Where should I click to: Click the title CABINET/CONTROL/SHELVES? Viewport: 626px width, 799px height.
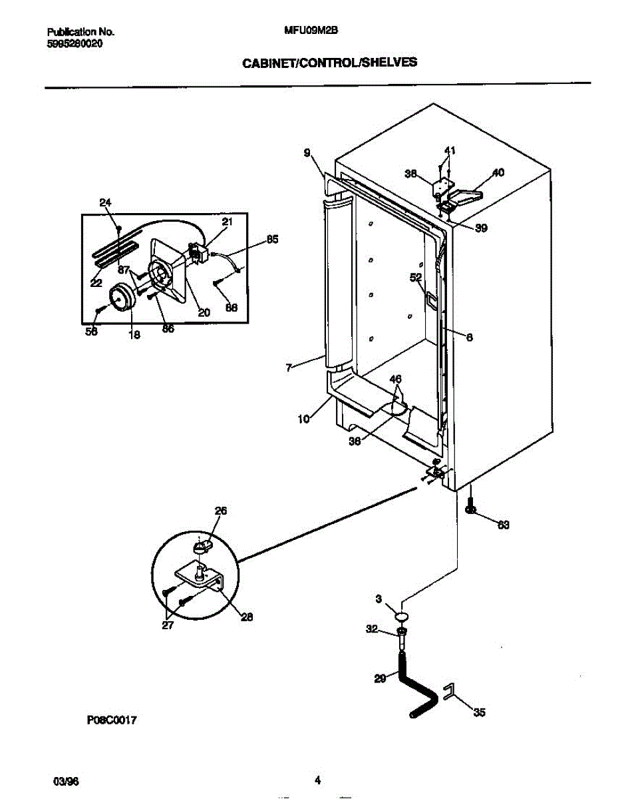[x=329, y=63]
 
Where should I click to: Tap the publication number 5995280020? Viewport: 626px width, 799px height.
[x=75, y=43]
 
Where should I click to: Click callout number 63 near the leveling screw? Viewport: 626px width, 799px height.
[x=503, y=525]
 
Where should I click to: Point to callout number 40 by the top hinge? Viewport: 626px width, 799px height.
[x=498, y=173]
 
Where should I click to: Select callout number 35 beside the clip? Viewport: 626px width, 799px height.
[x=479, y=713]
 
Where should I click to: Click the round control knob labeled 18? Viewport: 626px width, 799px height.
[x=120, y=296]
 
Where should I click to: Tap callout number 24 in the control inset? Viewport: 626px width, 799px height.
[x=105, y=203]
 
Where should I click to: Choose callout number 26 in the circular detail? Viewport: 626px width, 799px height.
[x=221, y=511]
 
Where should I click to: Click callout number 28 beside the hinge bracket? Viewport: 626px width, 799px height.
[x=247, y=617]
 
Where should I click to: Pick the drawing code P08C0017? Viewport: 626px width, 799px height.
[x=111, y=720]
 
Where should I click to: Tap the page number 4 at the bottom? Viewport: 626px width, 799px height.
[x=317, y=780]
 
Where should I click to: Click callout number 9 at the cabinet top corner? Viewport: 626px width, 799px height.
[x=307, y=153]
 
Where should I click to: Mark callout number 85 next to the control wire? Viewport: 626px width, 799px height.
[x=272, y=240]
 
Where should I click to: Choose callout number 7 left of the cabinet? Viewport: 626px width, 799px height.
[x=289, y=367]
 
